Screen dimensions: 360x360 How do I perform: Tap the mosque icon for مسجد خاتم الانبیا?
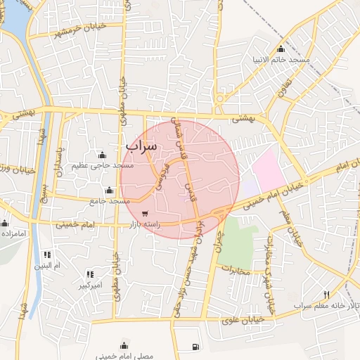(281, 49)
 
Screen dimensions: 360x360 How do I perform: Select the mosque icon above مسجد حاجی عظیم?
(102, 155)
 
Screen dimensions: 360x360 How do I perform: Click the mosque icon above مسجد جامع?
(109, 191)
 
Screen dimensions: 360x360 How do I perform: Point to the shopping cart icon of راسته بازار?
(144, 214)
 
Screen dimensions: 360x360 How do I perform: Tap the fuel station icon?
(195, 347)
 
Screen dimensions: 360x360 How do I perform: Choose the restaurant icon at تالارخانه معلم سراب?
(326, 294)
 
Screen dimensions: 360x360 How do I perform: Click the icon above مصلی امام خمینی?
(124, 345)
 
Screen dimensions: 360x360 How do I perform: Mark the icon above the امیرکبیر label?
(90, 274)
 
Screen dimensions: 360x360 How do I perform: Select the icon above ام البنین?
(47, 255)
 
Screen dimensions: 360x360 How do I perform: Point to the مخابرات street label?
(236, 269)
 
